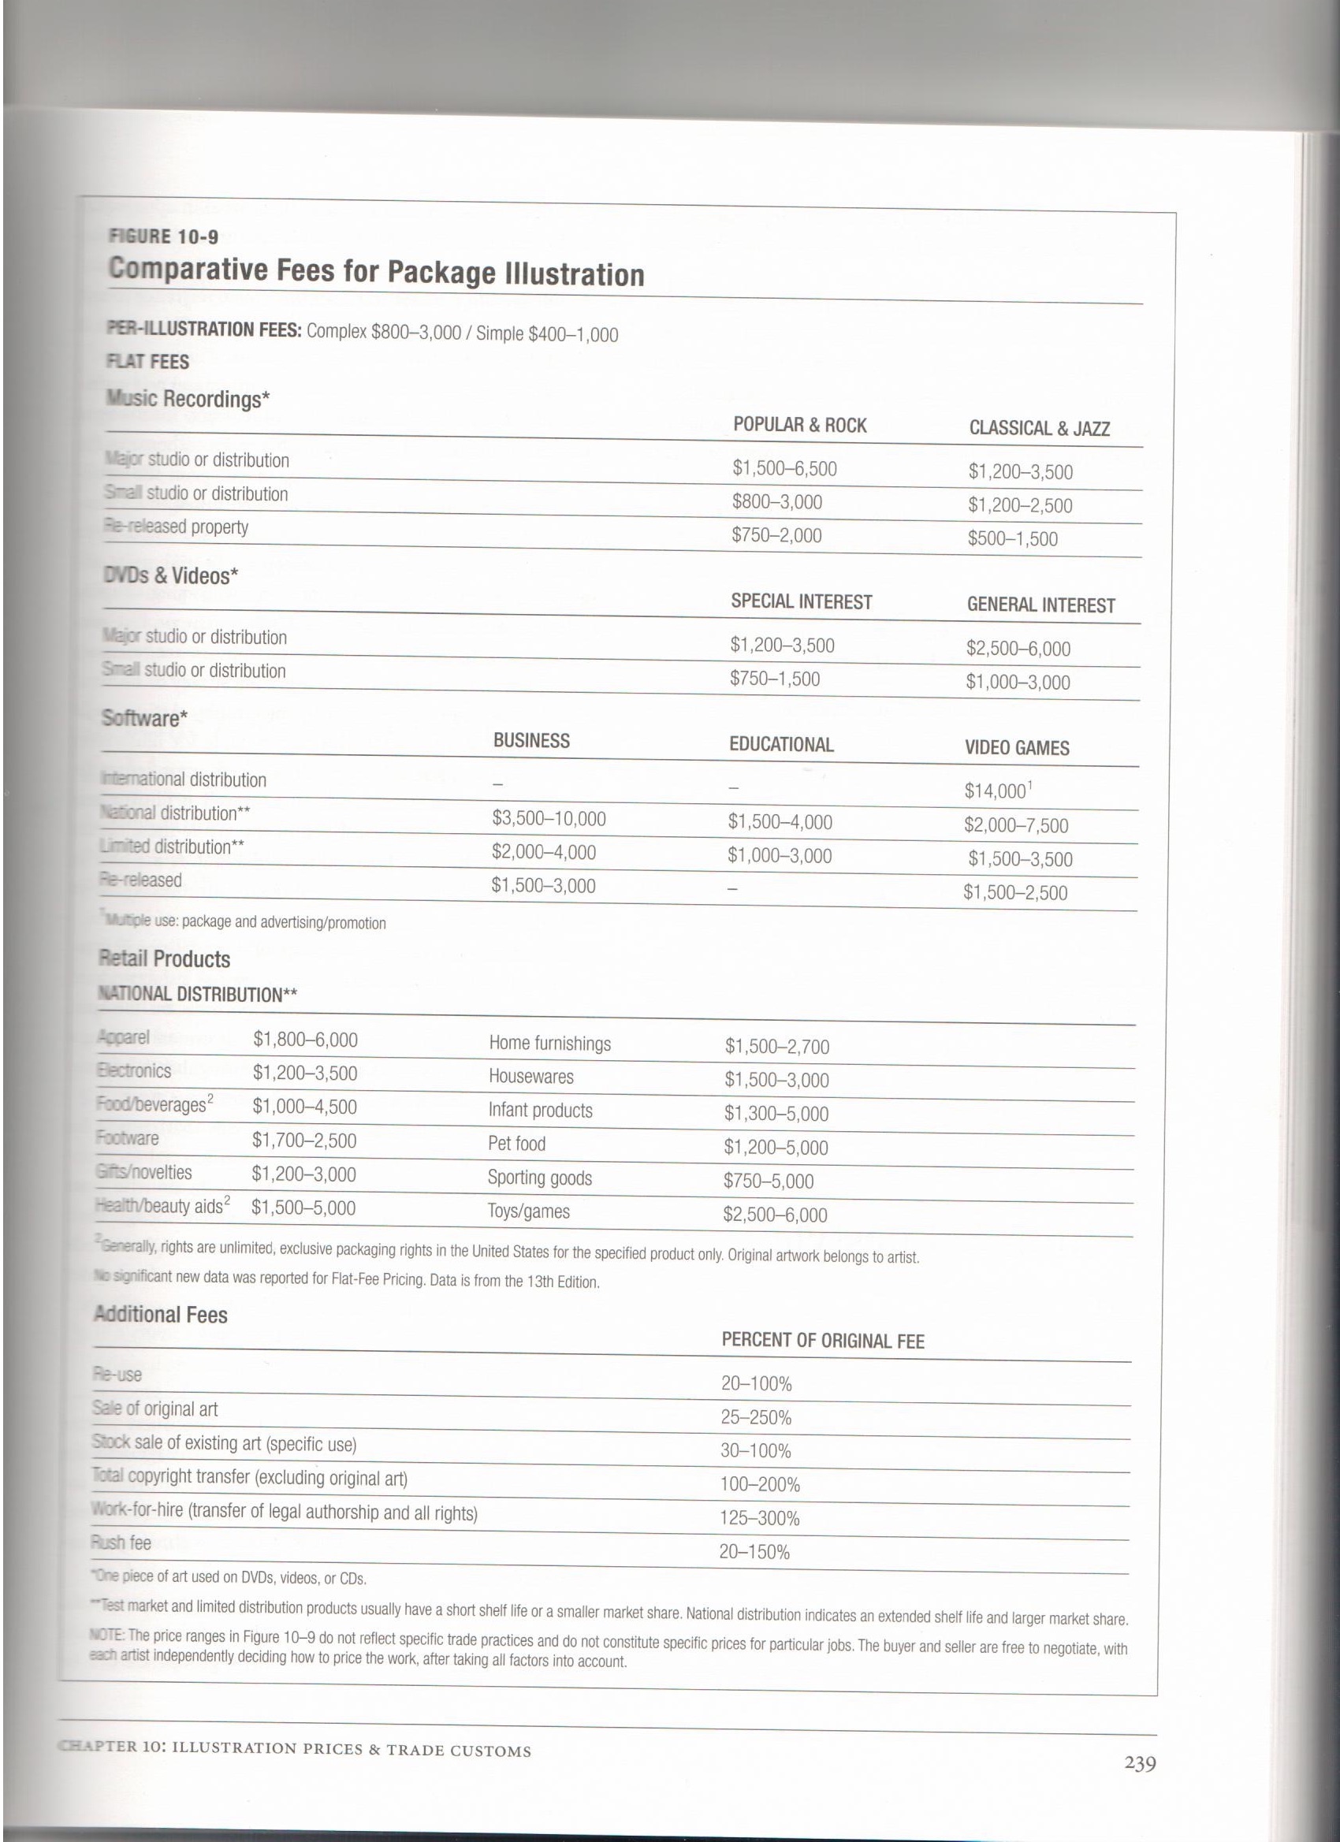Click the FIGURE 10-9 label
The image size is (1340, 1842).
pos(163,237)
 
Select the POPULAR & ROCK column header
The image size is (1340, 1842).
pos(799,426)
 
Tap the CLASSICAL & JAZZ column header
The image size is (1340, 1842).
pos(1039,429)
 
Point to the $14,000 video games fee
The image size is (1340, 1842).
pos(996,791)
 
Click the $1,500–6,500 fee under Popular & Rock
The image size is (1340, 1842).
pos(784,469)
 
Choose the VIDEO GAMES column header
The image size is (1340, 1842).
pos(1016,748)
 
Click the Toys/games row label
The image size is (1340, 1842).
pos(529,1211)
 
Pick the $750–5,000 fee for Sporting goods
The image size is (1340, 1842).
pos(769,1181)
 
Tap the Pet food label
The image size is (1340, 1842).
pos(516,1144)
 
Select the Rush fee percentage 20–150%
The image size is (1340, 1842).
pos(754,1553)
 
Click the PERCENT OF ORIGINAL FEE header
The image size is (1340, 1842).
pos(823,1341)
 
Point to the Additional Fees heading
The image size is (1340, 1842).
pos(161,1315)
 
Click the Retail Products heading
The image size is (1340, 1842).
pos(165,959)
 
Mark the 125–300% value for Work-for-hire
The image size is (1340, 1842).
pos(759,1519)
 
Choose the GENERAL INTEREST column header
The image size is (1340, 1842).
pos(1040,605)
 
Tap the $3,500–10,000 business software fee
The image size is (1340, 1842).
pos(548,819)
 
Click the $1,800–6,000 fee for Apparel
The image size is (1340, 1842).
pos(304,1040)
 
